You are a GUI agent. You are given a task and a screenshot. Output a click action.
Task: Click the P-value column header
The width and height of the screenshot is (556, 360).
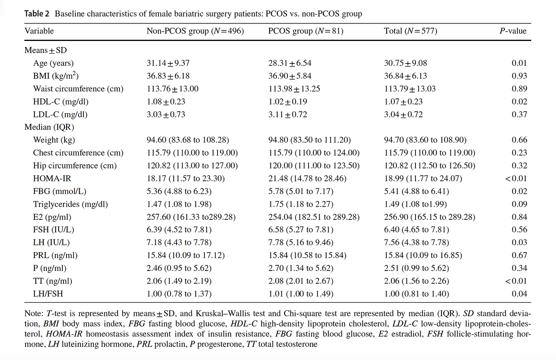click(x=513, y=31)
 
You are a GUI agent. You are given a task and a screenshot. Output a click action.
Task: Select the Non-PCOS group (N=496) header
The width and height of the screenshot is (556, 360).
click(x=195, y=31)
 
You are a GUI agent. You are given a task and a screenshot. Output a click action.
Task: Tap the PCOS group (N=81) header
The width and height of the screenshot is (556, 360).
click(x=306, y=31)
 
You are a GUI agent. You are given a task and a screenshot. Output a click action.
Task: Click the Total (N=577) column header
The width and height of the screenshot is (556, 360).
click(x=411, y=31)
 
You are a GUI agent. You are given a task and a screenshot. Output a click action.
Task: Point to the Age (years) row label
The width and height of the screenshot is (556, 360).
click(x=53, y=63)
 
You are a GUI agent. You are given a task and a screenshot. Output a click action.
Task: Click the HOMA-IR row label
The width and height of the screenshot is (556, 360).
click(x=52, y=178)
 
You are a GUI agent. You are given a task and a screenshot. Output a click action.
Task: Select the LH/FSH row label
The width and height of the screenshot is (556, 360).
click(x=48, y=294)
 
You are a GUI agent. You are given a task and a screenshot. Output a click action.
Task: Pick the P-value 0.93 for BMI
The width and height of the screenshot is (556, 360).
click(x=519, y=76)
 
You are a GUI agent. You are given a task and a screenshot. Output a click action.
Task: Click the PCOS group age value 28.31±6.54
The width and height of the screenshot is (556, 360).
click(x=290, y=63)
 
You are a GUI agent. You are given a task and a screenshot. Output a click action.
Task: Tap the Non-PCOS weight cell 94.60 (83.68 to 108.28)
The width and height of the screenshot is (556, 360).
click(x=188, y=140)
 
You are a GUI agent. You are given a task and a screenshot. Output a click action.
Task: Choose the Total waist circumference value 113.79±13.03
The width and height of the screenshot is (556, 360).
click(x=410, y=89)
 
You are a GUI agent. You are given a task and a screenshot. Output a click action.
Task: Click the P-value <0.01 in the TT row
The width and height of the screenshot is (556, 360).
click(x=516, y=281)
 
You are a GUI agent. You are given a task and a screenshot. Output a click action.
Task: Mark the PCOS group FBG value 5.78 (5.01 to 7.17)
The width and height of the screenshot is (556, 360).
click(x=301, y=191)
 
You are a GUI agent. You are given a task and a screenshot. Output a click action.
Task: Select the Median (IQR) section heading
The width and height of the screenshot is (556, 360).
click(x=49, y=127)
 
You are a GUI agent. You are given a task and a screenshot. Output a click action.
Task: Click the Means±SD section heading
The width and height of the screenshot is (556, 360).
click(x=46, y=50)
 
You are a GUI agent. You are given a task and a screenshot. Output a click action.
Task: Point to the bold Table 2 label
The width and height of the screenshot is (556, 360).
click(x=37, y=14)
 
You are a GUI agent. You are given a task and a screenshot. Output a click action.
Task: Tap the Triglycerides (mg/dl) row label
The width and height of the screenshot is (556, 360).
click(x=71, y=204)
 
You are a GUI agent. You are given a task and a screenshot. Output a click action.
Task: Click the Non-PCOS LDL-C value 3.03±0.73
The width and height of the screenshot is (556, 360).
click(x=166, y=115)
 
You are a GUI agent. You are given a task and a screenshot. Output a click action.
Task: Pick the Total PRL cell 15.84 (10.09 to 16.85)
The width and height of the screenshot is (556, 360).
click(x=423, y=255)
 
